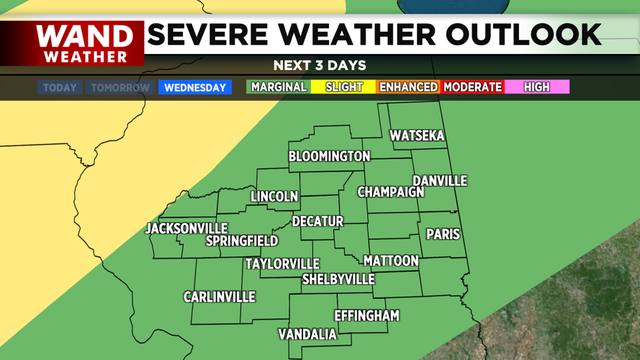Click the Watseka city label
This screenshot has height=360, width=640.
[x=417, y=136]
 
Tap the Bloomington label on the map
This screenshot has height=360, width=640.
[x=329, y=156]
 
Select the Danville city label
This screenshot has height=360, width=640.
[x=439, y=181]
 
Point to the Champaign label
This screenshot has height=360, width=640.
[x=391, y=192]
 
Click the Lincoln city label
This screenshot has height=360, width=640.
[x=274, y=197]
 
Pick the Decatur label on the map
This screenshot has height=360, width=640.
[x=317, y=221]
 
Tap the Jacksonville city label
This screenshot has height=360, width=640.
[x=186, y=228]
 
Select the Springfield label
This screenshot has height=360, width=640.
[x=242, y=240]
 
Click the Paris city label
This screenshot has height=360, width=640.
[x=443, y=235]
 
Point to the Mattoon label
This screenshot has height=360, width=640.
[x=391, y=261]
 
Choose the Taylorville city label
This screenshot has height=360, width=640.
[x=282, y=264]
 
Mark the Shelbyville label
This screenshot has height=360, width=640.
[x=338, y=279]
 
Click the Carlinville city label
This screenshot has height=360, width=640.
[x=220, y=297]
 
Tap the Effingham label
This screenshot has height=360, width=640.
[x=366, y=315]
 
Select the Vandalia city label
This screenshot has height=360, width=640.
[x=307, y=334]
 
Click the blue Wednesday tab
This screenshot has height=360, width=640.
[x=195, y=88]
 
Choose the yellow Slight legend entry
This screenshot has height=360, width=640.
[x=343, y=87]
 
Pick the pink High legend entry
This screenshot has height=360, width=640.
[x=537, y=87]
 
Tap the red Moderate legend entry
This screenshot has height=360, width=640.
[x=472, y=87]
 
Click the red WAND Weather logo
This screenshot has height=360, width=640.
[x=85, y=43]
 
